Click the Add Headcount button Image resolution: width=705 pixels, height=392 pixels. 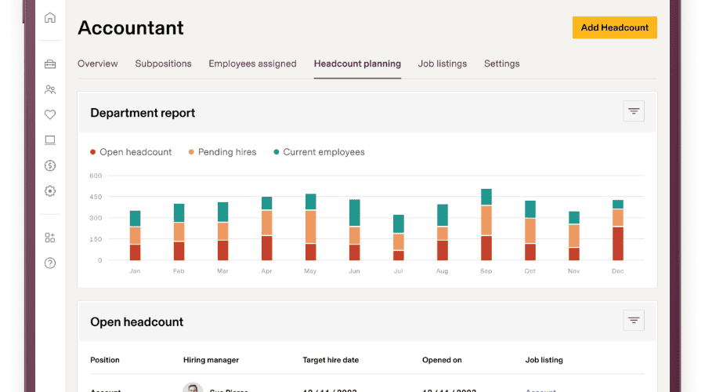[614, 27]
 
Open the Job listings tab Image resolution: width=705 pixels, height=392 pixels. [442, 64]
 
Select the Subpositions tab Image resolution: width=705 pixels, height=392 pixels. [163, 64]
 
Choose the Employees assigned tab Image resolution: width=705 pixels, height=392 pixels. [252, 64]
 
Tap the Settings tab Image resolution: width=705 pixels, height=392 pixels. [501, 64]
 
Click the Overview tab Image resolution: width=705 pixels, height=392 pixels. [97, 64]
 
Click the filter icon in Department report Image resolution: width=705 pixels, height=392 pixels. [634, 111]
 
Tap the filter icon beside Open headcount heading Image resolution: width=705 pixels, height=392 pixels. [634, 320]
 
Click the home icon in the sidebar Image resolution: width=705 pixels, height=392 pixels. [50, 18]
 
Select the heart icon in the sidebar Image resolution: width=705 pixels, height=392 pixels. [50, 114]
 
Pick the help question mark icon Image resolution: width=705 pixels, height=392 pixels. [50, 263]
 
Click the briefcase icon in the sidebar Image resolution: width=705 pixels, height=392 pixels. [50, 64]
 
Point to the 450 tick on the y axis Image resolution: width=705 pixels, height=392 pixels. [96, 197]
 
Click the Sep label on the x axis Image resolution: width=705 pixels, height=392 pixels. [486, 271]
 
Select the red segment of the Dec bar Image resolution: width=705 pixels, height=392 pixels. [618, 243]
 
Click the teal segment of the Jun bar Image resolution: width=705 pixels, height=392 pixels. [355, 213]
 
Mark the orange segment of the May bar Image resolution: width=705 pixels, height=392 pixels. [311, 227]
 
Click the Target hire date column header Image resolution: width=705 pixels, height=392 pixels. [331, 360]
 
